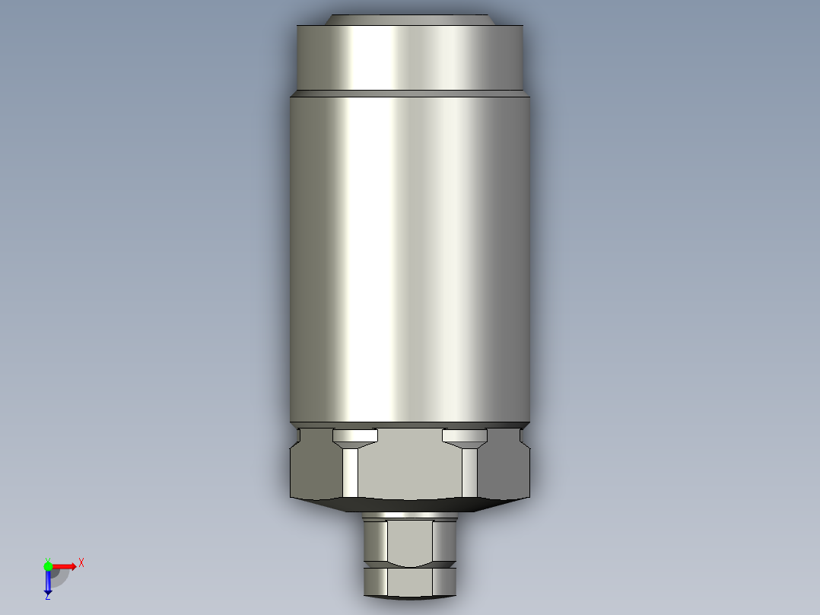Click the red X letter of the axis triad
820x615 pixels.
81,563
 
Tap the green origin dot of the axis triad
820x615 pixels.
48,566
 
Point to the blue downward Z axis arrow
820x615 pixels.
48,581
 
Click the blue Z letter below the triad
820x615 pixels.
48,596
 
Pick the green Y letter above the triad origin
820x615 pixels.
48,560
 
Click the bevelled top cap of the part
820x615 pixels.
410,20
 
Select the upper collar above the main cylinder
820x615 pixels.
410,58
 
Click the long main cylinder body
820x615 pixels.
410,260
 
